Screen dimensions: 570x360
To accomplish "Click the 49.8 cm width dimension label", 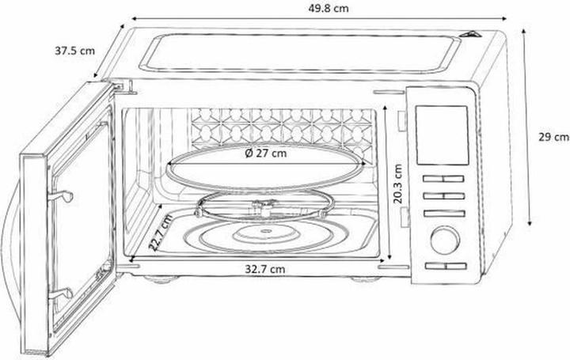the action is coord(328,8).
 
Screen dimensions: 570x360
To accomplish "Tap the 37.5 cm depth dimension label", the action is coord(74,51).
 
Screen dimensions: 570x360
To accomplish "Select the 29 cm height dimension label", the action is coord(553,138).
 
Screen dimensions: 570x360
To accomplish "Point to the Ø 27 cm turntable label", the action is coord(266,153).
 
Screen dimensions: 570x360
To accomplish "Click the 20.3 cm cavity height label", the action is coord(397,184).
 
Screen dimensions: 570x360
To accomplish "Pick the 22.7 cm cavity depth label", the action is coord(161,233).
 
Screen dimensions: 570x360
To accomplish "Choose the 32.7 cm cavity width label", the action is coord(264,269).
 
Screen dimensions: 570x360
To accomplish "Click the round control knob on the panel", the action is coord(444,240).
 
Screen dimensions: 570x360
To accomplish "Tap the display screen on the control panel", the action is coord(442,135).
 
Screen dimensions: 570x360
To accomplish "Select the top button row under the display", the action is coord(443,179).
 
